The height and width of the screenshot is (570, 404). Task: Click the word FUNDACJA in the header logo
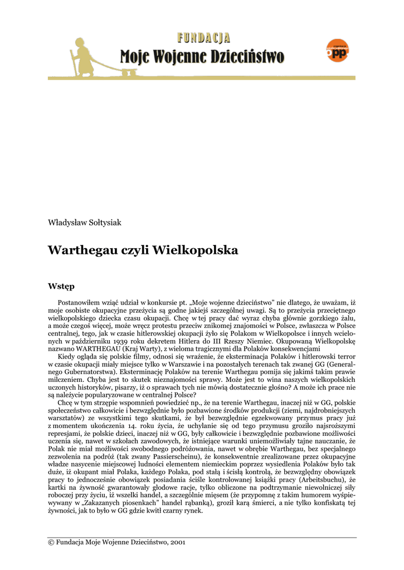(203, 38)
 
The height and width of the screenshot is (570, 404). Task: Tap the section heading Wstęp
(61, 287)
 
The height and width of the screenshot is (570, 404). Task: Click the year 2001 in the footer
(177, 542)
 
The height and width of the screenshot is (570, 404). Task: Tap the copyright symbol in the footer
(51, 542)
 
